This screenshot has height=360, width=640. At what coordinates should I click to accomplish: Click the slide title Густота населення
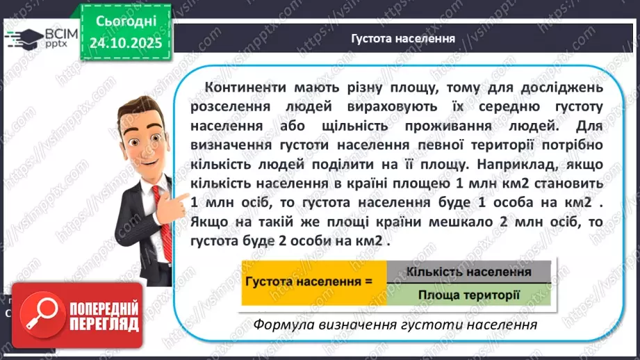tap(403, 38)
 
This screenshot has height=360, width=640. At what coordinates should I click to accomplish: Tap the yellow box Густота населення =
tap(313, 283)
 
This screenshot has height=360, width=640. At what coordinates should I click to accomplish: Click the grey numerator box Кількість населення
tap(468, 272)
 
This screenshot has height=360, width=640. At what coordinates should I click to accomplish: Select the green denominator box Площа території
tap(468, 295)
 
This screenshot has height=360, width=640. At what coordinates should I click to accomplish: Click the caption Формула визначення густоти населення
tap(395, 325)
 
